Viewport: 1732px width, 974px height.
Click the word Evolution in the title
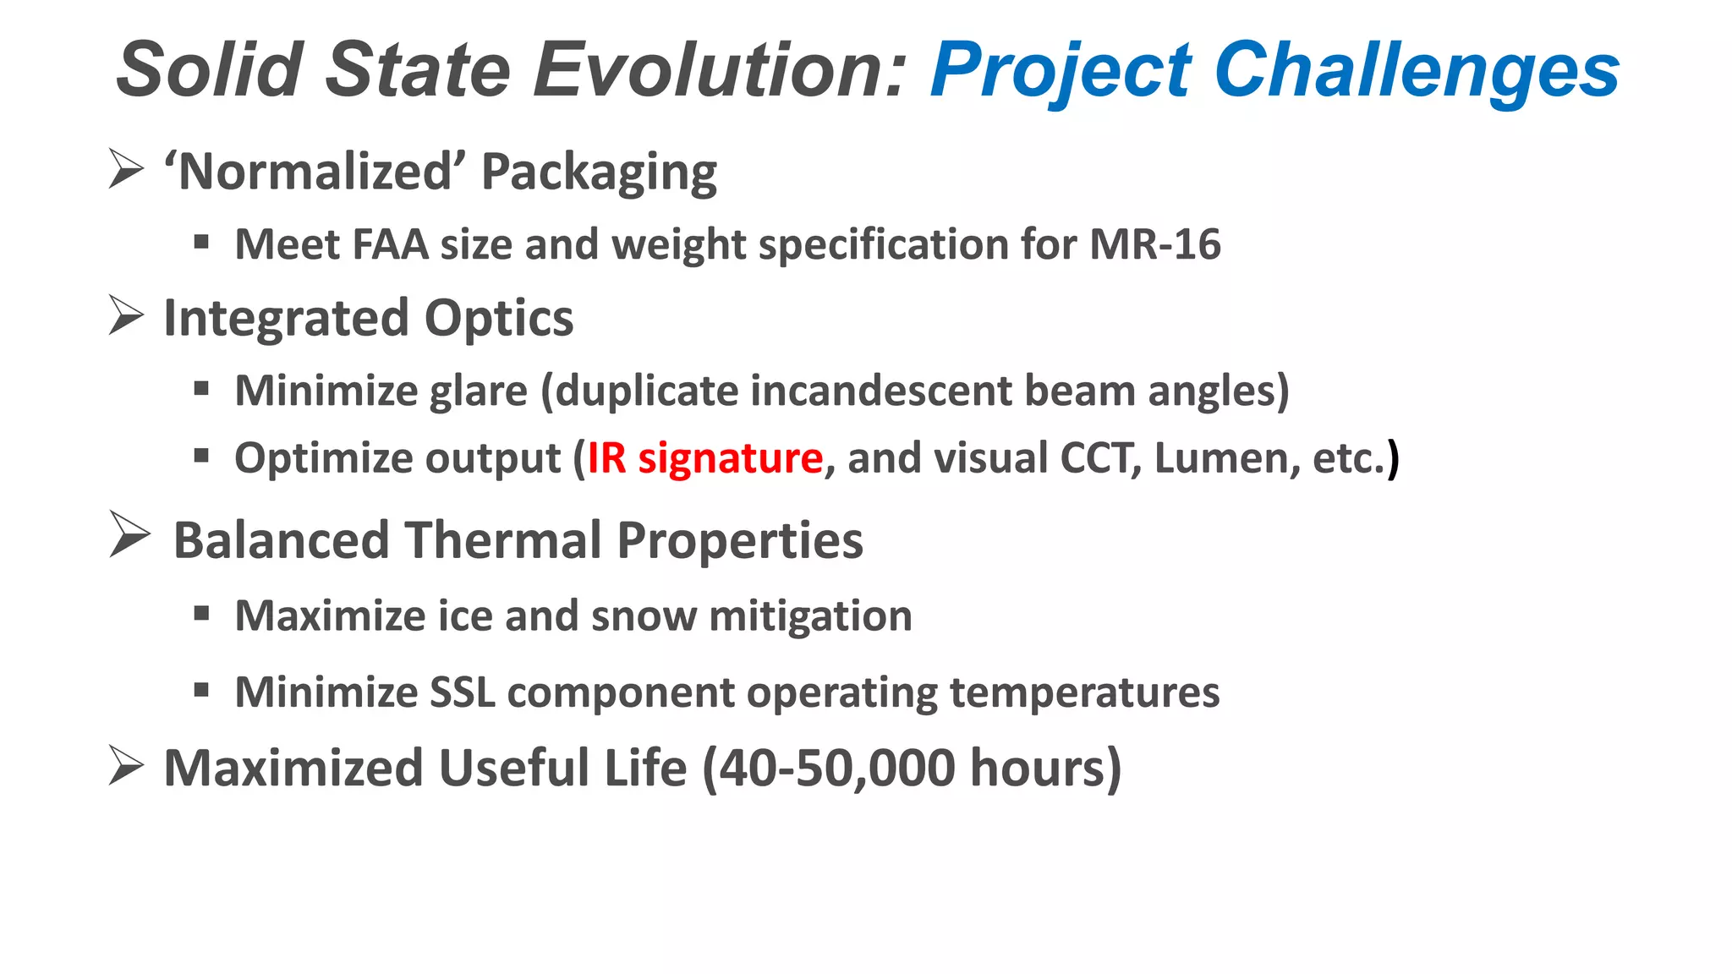pos(720,69)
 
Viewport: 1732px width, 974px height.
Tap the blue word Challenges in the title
pos(1417,69)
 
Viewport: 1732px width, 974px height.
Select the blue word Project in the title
pos(1061,69)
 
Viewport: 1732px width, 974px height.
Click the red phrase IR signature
pos(705,458)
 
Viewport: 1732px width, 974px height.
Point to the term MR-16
pos(1155,244)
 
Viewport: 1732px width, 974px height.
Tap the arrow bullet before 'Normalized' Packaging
pos(126,168)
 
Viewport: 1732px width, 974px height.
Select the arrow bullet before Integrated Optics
pos(126,315)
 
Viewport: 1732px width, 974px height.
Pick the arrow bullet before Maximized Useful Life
pos(126,765)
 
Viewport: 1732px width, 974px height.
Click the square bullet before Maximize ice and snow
pos(201,613)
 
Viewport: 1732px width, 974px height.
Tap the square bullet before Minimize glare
pos(201,389)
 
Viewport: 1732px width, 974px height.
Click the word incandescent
pos(880,391)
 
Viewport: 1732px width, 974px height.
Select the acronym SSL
pos(463,692)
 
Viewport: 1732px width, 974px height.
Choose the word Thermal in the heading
pos(503,540)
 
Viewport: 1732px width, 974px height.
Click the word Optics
pos(498,318)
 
